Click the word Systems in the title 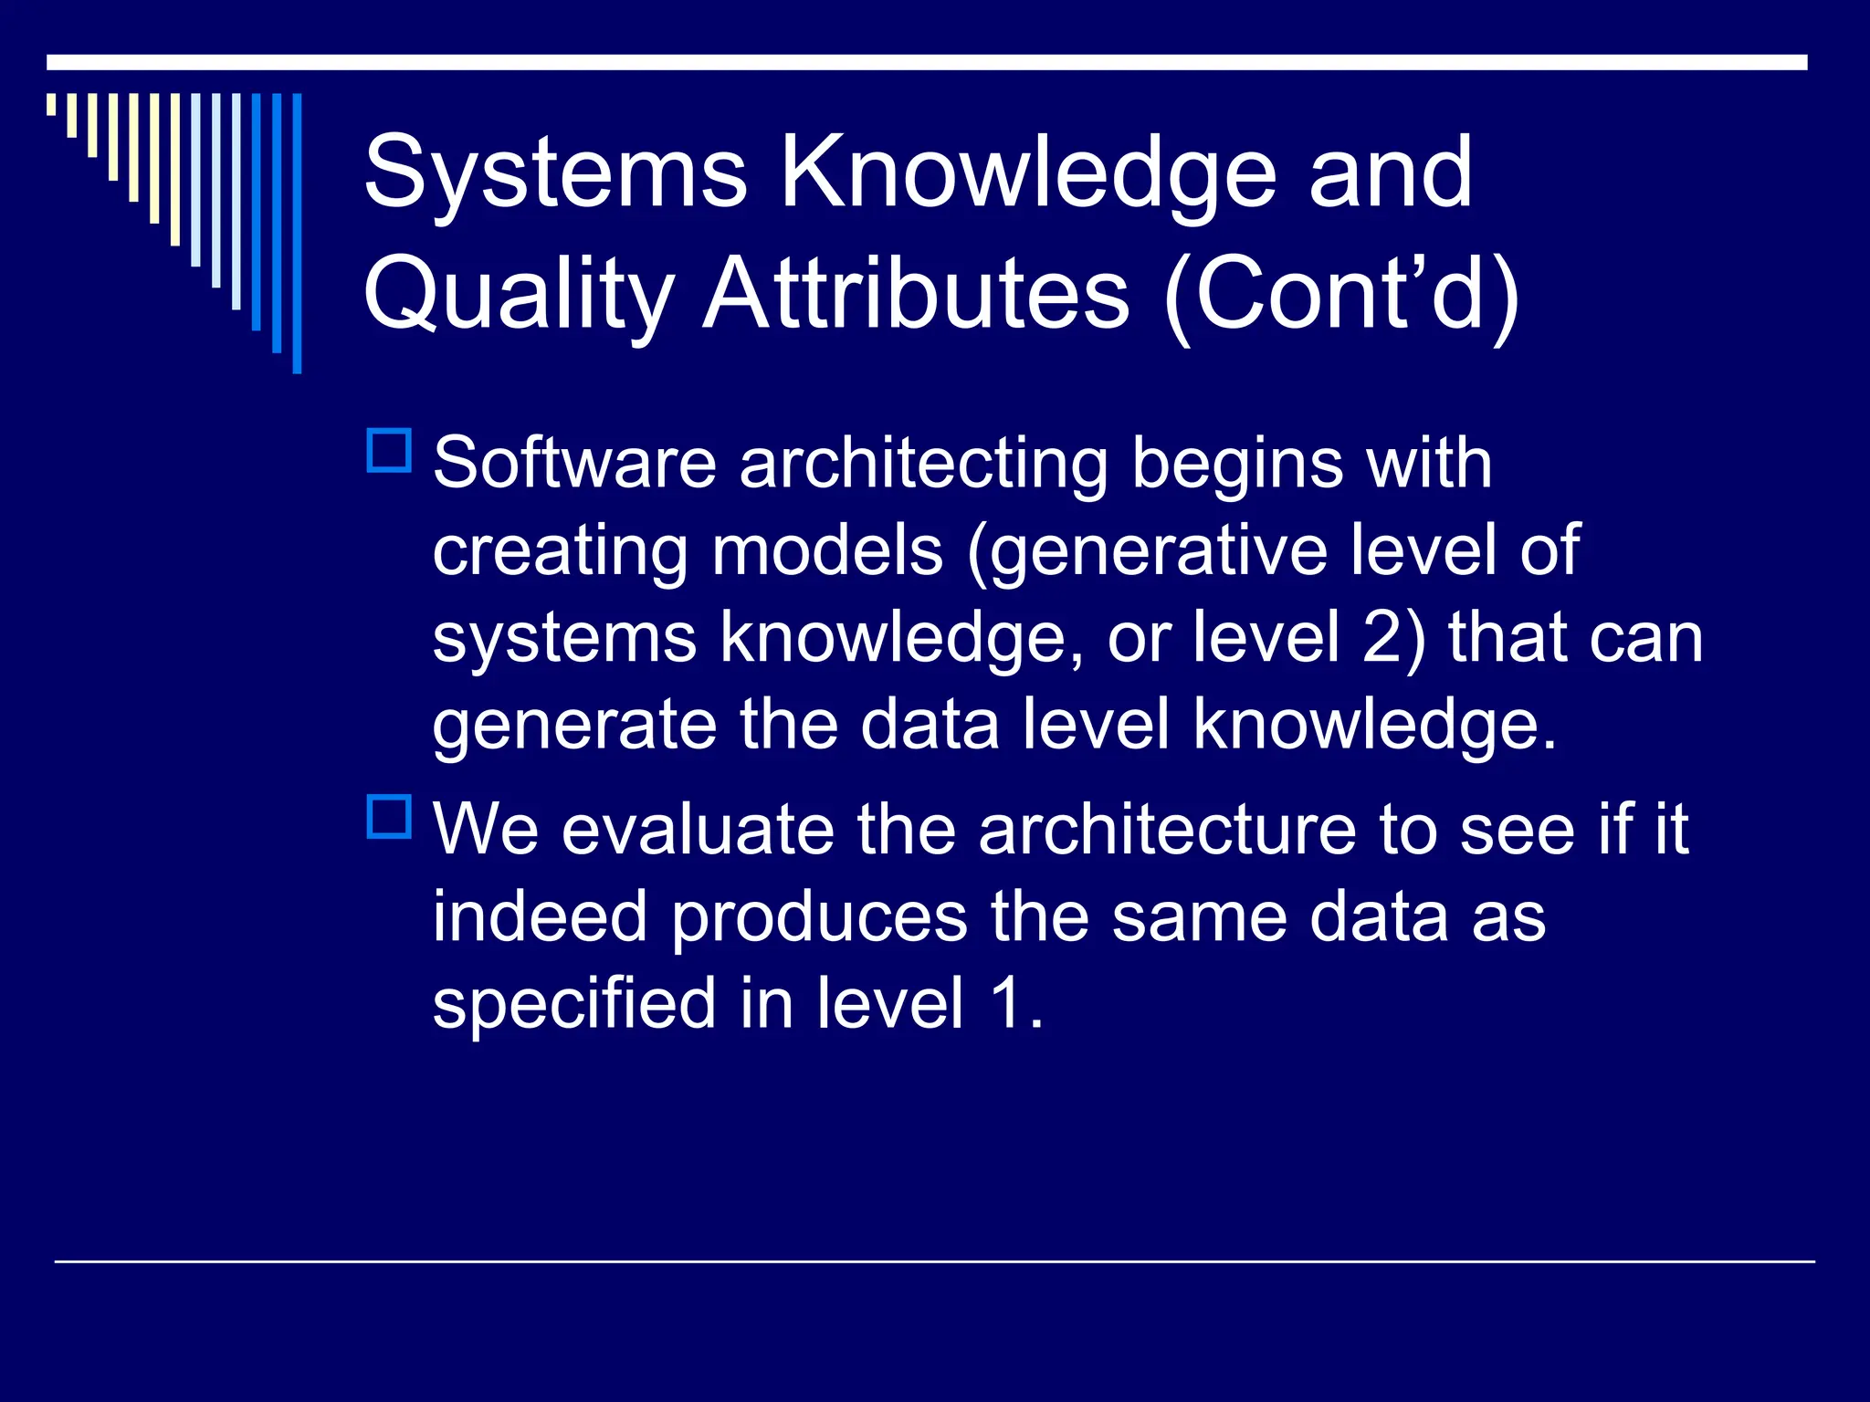[554, 173]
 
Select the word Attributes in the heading [917, 294]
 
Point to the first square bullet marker [389, 450]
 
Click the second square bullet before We [389, 817]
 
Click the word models [827, 551]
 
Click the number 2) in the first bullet [1392, 637]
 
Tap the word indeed [540, 916]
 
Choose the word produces [819, 918]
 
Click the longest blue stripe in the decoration [297, 233]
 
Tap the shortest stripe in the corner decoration [51, 104]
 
